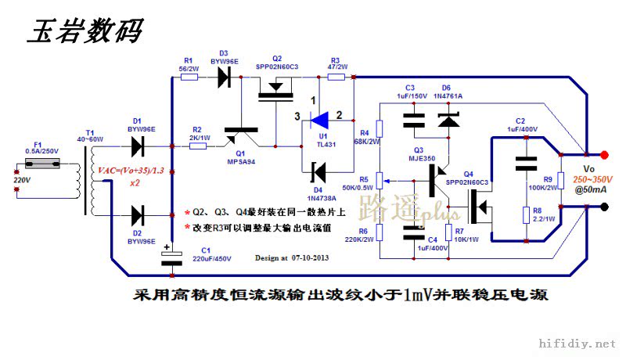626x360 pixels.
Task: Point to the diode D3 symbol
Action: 225,77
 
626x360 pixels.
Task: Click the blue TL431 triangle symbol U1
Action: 319,120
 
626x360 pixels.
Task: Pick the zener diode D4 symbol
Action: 318,170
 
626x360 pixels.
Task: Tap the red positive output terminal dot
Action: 604,154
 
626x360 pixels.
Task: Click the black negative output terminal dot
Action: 604,207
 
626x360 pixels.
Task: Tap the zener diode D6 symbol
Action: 447,120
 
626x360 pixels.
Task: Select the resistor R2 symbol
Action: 198,146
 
